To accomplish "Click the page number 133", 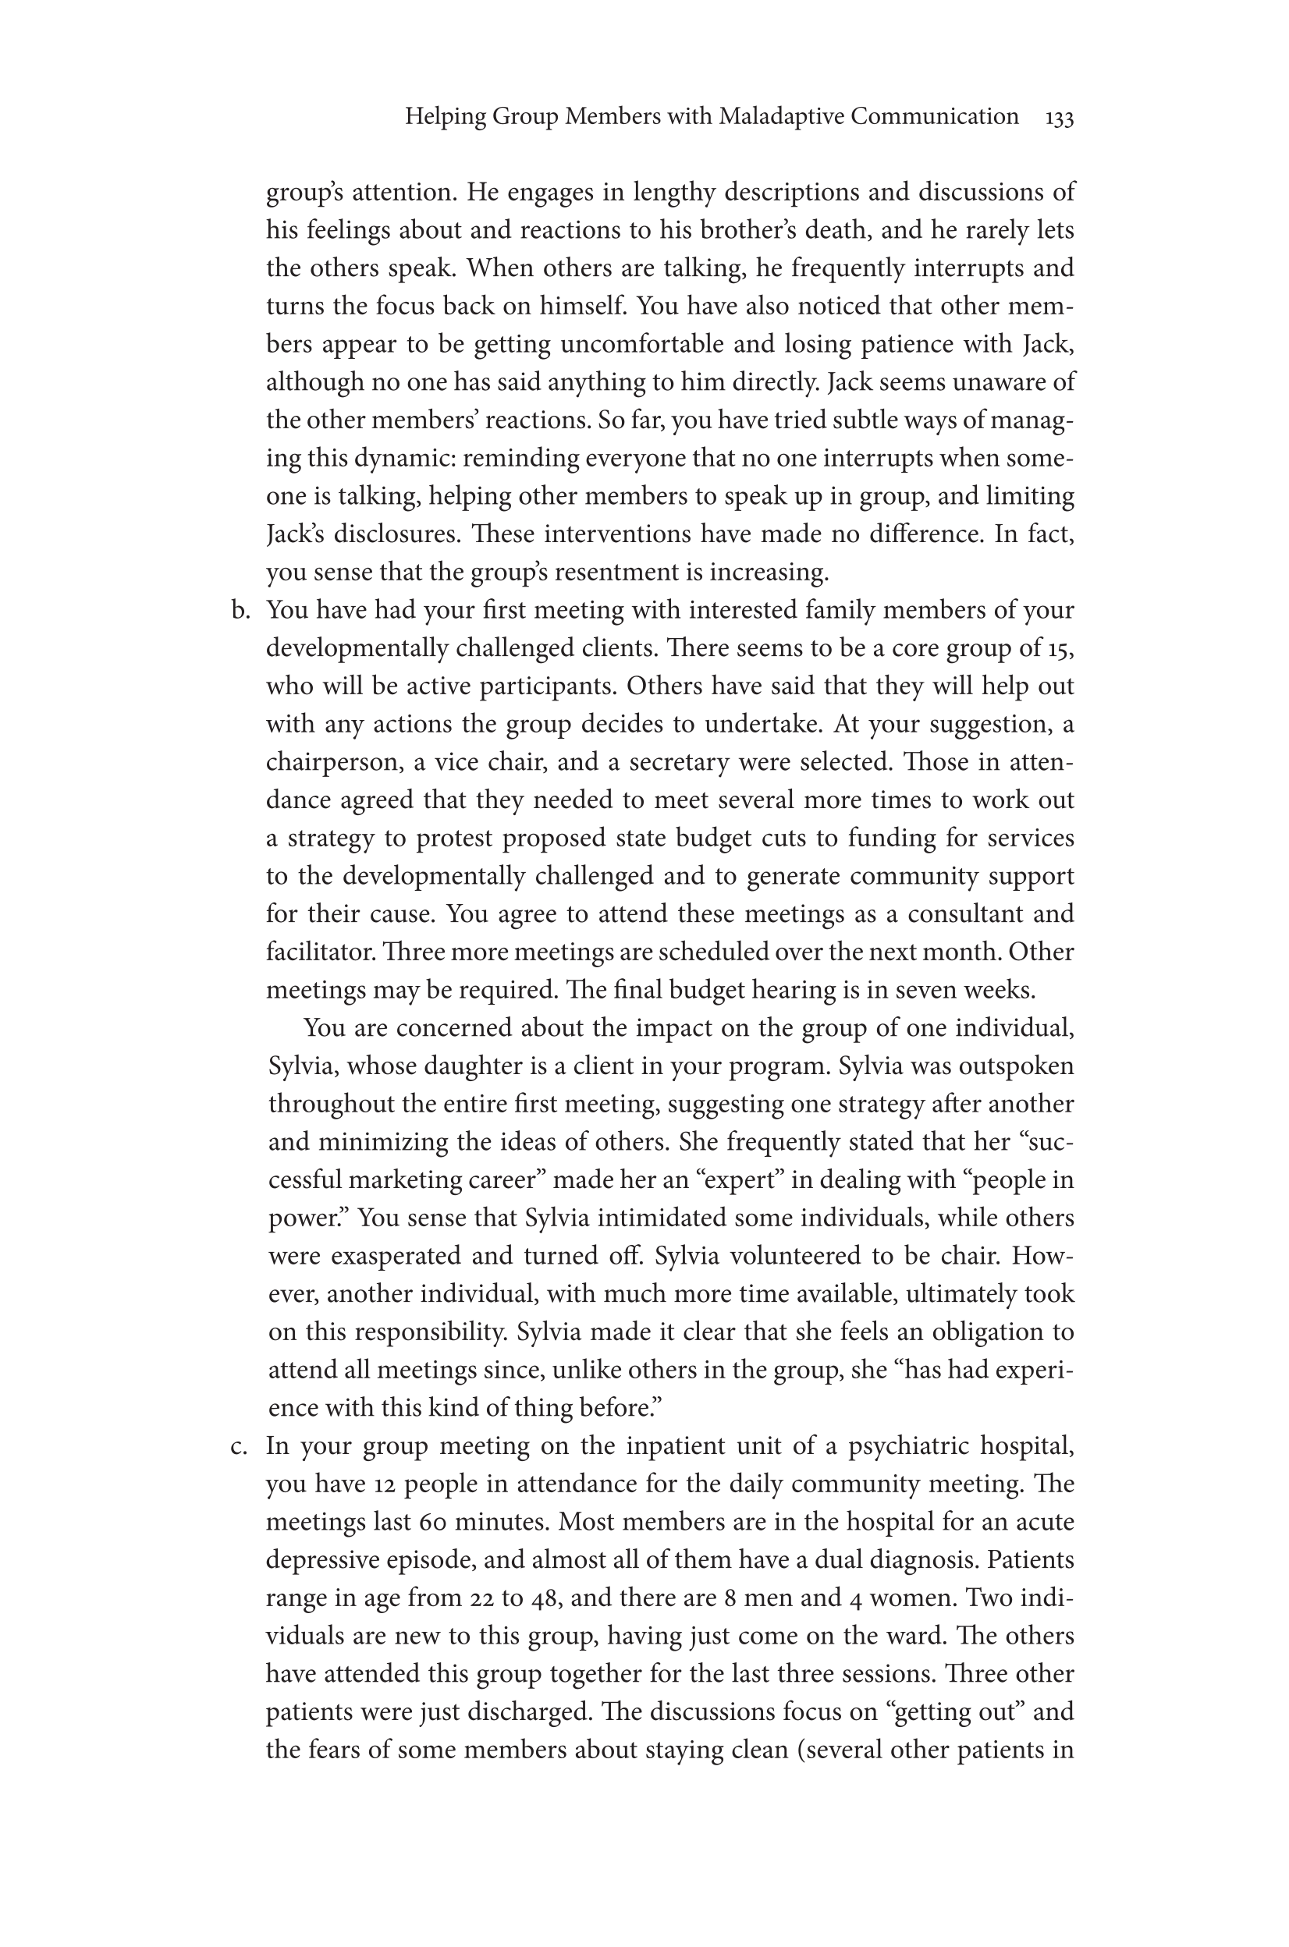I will click(x=1059, y=119).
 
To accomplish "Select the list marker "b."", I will click(x=240, y=611).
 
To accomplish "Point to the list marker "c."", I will click(x=240, y=1446).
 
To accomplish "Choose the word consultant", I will click(x=961, y=915).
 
